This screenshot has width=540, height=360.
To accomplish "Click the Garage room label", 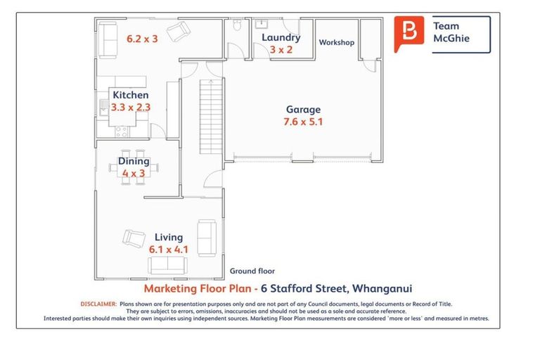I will click(x=303, y=110).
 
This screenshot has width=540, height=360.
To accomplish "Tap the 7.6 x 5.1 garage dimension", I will click(x=303, y=122).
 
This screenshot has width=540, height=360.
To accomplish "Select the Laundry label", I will click(x=281, y=38).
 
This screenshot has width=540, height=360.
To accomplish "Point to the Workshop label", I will click(x=337, y=43).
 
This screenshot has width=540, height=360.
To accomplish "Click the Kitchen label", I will click(x=131, y=95).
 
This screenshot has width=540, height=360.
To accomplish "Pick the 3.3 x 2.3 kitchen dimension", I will click(x=131, y=108).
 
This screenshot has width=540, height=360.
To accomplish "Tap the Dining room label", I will click(x=134, y=162).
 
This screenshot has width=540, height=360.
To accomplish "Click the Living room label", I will click(x=168, y=238).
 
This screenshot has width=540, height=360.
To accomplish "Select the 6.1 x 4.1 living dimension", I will click(x=168, y=249).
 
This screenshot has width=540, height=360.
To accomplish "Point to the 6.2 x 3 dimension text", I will click(x=142, y=39).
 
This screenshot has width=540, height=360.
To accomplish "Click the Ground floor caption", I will click(x=252, y=271).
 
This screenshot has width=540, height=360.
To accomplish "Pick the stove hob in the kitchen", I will click(x=121, y=129).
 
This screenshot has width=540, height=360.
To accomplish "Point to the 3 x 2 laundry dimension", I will click(x=281, y=50).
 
